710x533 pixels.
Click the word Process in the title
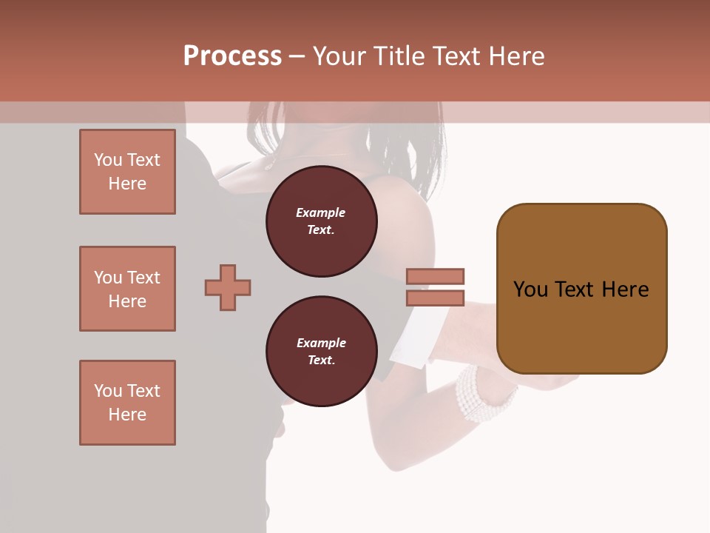[232, 56]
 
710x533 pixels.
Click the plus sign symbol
[228, 287]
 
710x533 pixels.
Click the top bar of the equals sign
[435, 276]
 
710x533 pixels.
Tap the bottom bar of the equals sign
[435, 298]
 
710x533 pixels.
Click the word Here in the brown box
[625, 289]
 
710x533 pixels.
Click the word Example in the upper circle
[321, 212]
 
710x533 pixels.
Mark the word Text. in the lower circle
[321, 360]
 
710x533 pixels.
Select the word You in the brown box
[531, 289]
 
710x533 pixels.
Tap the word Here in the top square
[127, 184]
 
